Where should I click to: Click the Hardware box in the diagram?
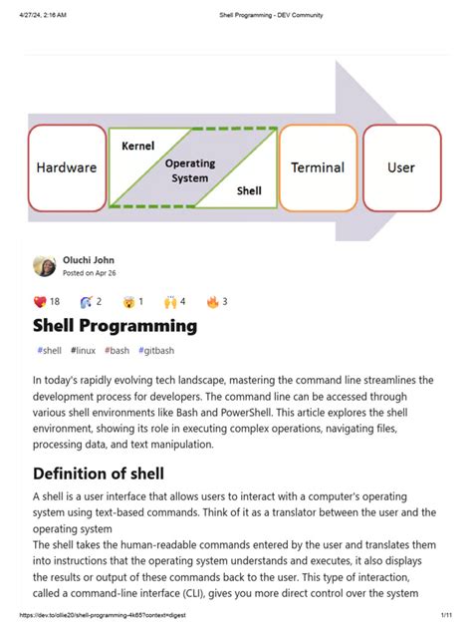tap(67, 167)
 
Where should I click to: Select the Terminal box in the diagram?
tap(318, 167)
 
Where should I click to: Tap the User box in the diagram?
tap(401, 167)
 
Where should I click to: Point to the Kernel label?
tap(137, 146)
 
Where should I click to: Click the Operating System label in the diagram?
tap(189, 170)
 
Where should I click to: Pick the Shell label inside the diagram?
tap(248, 188)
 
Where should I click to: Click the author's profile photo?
tap(45, 265)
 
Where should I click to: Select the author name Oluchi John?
tap(89, 258)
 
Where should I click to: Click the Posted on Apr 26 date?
tap(90, 272)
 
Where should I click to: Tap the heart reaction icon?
tap(40, 301)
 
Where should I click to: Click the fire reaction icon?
tap(211, 301)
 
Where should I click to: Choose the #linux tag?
tap(84, 351)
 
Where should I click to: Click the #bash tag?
tap(117, 351)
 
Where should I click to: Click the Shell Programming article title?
tap(115, 326)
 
